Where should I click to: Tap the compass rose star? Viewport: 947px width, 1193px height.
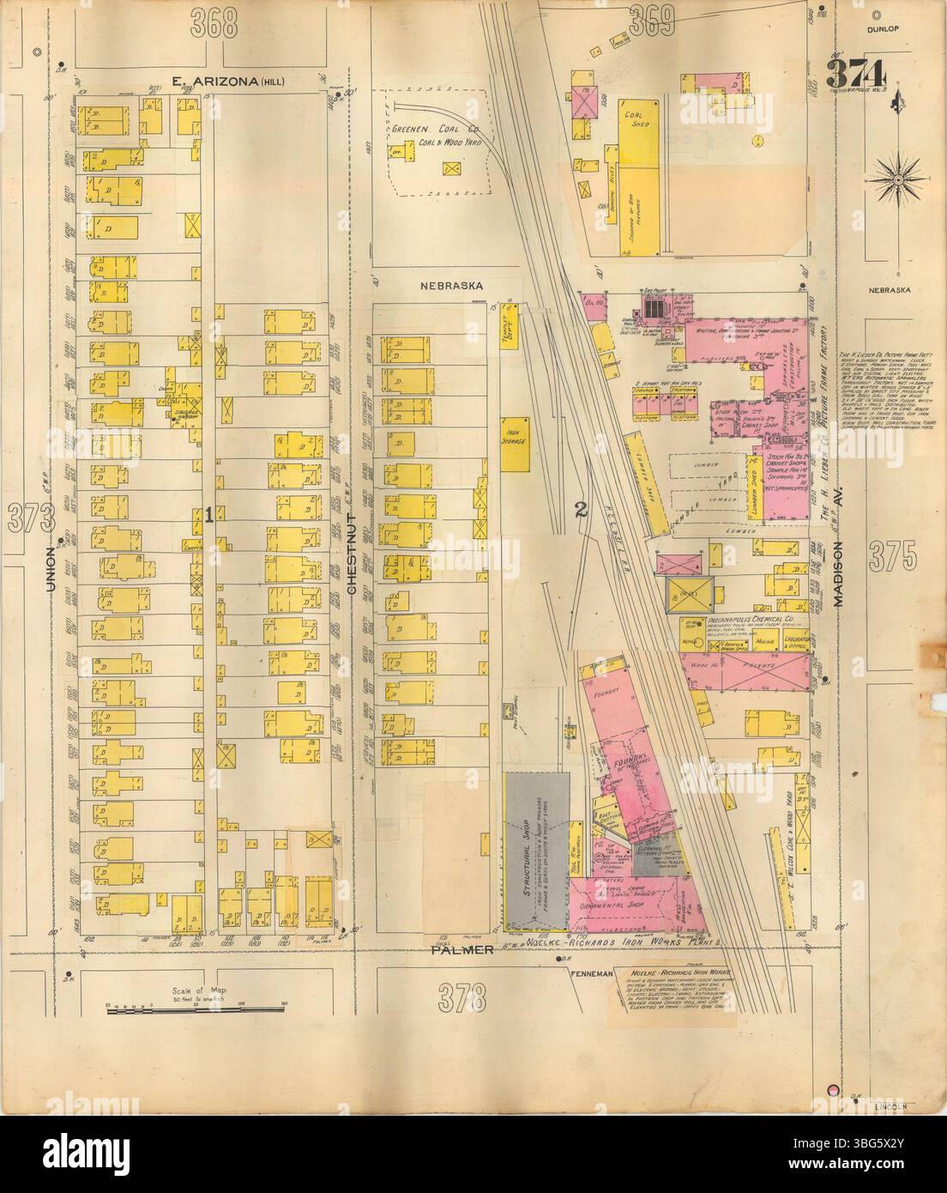(x=896, y=181)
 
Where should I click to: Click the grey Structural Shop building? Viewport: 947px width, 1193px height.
(x=535, y=850)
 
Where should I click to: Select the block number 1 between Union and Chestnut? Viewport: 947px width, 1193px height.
(x=208, y=515)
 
